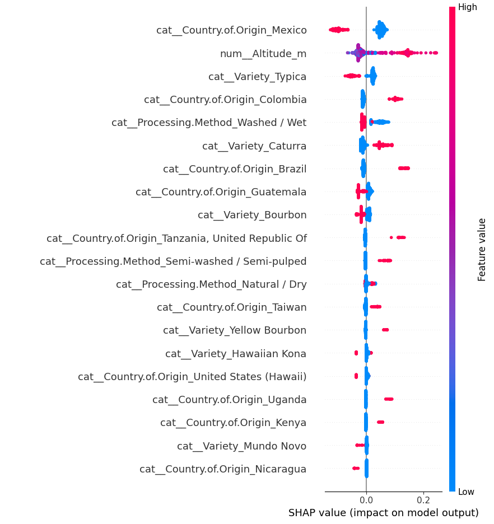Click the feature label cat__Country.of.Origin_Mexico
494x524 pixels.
pyautogui.click(x=231, y=30)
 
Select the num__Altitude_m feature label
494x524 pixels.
pyautogui.click(x=263, y=54)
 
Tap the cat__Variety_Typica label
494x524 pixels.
pyautogui.click(x=257, y=77)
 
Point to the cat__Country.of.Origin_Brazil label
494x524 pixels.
pyautogui.click(x=235, y=169)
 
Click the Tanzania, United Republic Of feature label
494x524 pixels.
pyautogui.click(x=176, y=238)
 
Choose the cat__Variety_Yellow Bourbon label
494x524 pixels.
pyautogui.click(x=235, y=330)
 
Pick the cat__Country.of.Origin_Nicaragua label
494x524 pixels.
pyautogui.click(x=223, y=469)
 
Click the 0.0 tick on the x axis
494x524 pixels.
pyautogui.click(x=366, y=499)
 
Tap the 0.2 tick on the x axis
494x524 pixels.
pyautogui.click(x=423, y=499)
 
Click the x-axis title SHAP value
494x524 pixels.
pyautogui.click(x=383, y=513)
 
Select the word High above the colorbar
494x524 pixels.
pyautogui.click(x=467, y=7)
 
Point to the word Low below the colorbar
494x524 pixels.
pyautogui.click(x=466, y=492)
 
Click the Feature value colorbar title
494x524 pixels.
pyautogui.click(x=482, y=250)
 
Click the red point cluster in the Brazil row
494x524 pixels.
pyautogui.click(x=404, y=168)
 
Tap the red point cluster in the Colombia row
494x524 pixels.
pyautogui.click(x=395, y=99)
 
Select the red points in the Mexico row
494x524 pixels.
pyautogui.click(x=338, y=29)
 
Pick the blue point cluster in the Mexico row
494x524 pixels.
pyautogui.click(x=381, y=30)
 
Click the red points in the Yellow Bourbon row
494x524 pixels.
pyautogui.click(x=385, y=330)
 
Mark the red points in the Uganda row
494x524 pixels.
pyautogui.click(x=389, y=399)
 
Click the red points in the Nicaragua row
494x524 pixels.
pyautogui.click(x=356, y=468)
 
